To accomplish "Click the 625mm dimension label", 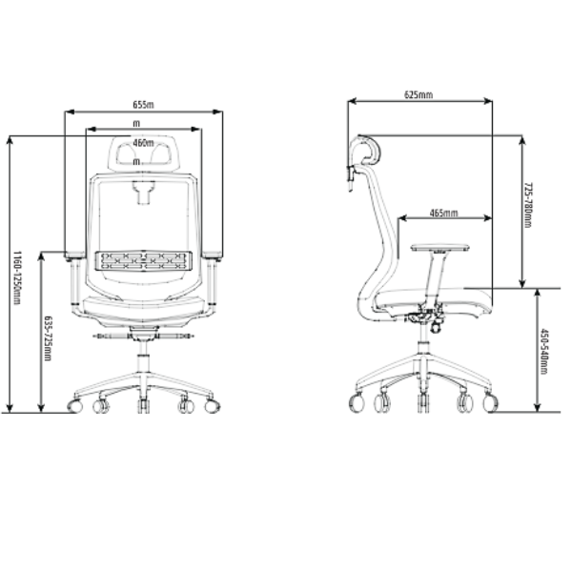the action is [419, 94].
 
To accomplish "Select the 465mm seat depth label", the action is [443, 213].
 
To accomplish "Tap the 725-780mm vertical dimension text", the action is [528, 205].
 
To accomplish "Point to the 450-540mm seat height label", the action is [544, 351].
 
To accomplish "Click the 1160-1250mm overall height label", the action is [17, 277].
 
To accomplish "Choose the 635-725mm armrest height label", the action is [48, 338].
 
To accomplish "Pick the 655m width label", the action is [143, 105].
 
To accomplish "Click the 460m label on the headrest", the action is [143, 143].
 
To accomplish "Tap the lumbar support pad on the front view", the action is [143, 260].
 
